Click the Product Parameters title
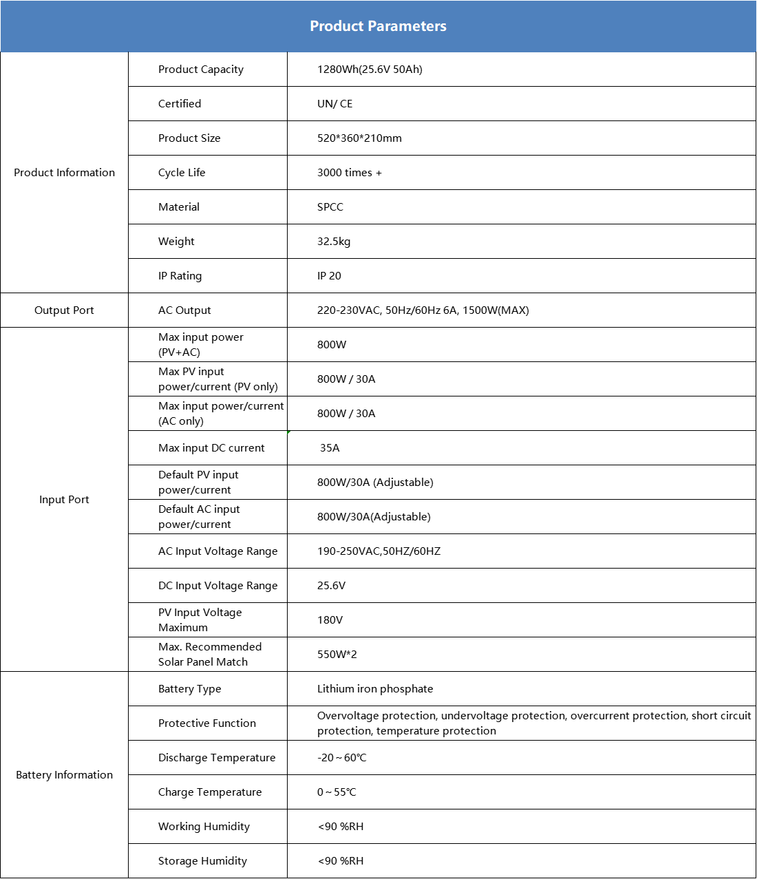tap(378, 26)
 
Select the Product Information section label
tap(65, 173)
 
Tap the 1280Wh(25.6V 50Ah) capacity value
tap(370, 70)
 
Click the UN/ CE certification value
tap(334, 104)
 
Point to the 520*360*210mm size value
tap(359, 138)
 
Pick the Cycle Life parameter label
tap(182, 173)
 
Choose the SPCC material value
tap(330, 207)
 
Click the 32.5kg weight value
tap(334, 242)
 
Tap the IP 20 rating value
tap(329, 276)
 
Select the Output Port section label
tap(64, 310)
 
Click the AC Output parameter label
tap(184, 310)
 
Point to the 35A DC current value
tap(330, 448)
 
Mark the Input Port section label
tap(64, 500)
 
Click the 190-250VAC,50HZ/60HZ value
tap(378, 551)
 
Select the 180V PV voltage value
tap(330, 620)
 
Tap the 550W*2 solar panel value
tap(337, 655)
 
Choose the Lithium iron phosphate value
tap(375, 689)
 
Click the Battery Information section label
tap(64, 775)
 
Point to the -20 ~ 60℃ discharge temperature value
tap(341, 758)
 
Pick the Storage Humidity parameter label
tap(202, 861)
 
